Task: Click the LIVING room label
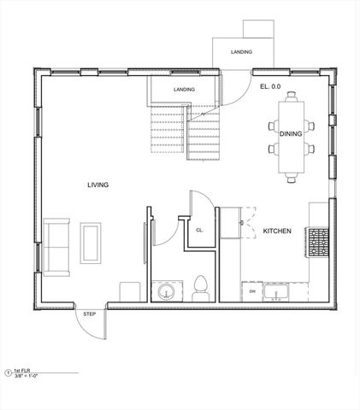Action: point(97,184)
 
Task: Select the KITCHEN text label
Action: point(278,231)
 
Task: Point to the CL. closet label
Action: point(198,231)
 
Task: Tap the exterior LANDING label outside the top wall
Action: point(241,52)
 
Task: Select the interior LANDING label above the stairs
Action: point(183,89)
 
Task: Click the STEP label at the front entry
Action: point(90,314)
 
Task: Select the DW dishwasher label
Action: point(252,292)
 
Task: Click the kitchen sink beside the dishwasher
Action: point(277,294)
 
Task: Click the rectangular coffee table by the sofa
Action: point(90,243)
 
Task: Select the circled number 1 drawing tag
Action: point(9,372)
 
